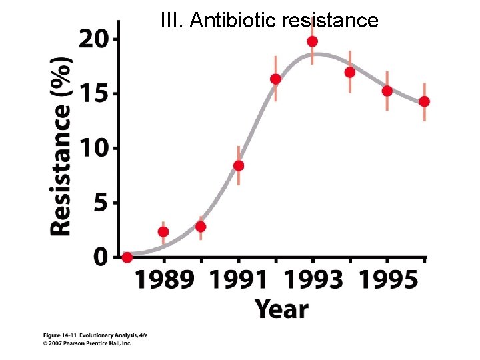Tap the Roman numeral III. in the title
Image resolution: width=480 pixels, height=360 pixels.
tap(173, 21)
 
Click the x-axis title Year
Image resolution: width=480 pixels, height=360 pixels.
tap(281, 309)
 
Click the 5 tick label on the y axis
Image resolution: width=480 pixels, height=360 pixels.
tap(99, 203)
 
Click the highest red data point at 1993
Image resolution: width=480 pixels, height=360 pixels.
tap(312, 41)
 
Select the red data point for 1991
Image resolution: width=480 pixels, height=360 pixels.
tap(238, 165)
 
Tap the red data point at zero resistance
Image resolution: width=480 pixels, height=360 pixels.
tap(127, 257)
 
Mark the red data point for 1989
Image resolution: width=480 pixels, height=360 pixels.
tap(163, 232)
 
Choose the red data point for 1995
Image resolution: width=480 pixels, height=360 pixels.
tap(387, 91)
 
